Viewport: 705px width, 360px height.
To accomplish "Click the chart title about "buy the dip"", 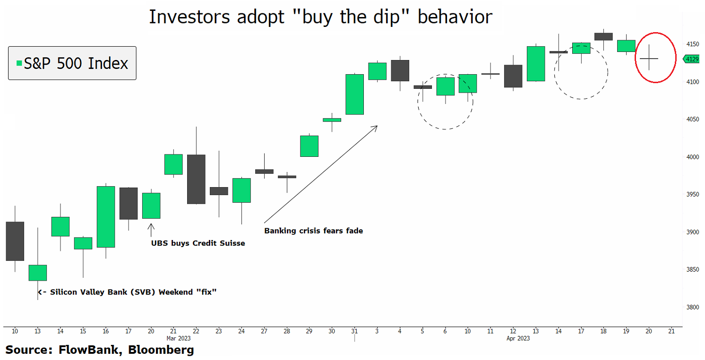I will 321,17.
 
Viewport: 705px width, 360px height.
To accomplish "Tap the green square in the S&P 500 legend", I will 19,63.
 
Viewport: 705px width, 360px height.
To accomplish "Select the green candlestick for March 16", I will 105,216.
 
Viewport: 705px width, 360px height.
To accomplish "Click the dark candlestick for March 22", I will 196,179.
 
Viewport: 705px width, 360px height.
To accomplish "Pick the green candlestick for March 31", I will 354,94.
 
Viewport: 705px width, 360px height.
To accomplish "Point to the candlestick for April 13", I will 536,63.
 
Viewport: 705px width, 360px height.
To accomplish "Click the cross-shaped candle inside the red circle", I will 649,58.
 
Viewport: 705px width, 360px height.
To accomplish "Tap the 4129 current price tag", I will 692,59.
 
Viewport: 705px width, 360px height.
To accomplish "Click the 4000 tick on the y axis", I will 692,157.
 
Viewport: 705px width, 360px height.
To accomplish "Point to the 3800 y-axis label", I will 692,307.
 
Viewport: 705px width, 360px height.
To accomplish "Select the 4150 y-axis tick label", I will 692,44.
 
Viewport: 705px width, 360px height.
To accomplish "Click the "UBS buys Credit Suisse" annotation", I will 198,243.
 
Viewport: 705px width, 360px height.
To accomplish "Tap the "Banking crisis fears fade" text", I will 313,231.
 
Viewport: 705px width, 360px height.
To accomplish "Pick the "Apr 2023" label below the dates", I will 518,338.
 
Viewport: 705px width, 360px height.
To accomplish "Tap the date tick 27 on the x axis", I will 264,331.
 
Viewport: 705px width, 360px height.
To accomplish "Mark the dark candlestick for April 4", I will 400,70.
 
